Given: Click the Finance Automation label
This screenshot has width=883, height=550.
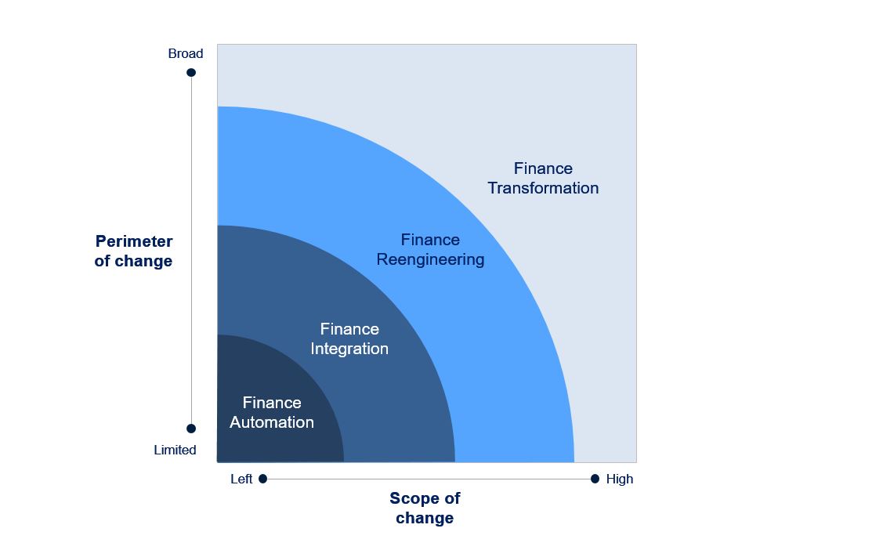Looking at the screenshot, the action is (x=271, y=413).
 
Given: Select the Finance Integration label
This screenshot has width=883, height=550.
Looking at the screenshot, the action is (x=349, y=339).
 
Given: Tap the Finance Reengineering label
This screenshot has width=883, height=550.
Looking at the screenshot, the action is (x=430, y=249).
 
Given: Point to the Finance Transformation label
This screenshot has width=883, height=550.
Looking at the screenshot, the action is (x=543, y=178).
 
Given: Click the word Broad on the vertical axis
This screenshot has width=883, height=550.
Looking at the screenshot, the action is (x=185, y=53).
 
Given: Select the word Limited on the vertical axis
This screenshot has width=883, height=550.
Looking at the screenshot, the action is (x=176, y=450).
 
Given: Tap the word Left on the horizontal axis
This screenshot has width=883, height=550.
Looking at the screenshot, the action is (x=241, y=479).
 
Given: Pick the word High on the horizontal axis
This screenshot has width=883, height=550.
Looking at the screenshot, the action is (x=620, y=479).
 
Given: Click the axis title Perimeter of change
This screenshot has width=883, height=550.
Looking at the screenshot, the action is (x=133, y=251).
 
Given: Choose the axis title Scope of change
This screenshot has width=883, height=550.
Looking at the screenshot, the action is (x=425, y=508).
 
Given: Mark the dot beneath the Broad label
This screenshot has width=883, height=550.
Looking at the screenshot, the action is (x=191, y=73).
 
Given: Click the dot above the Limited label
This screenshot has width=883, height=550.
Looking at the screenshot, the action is (x=191, y=429).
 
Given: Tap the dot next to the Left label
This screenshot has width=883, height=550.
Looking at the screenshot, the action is (x=262, y=479).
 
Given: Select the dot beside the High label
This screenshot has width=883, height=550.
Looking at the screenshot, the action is (x=595, y=479).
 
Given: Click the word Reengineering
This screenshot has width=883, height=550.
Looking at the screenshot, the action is (x=430, y=259).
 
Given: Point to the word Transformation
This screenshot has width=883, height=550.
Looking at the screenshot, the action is (x=543, y=188).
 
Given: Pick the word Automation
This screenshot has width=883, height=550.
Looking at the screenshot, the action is (x=271, y=422).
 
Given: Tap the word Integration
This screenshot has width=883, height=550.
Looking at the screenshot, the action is (x=349, y=349).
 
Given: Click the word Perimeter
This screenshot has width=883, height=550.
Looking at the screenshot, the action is (x=134, y=241).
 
